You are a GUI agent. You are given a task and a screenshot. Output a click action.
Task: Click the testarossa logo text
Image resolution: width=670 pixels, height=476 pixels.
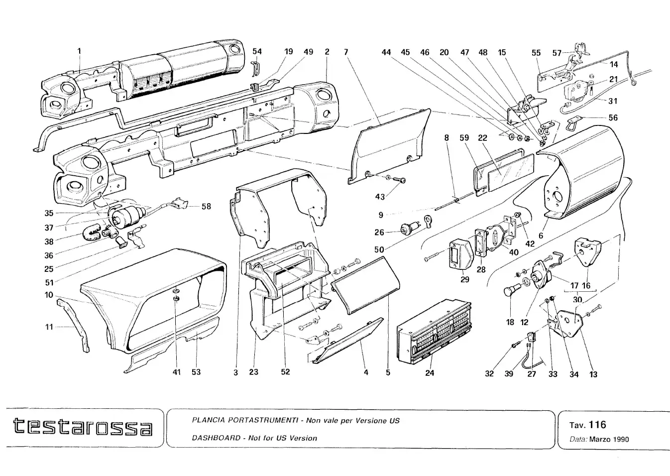pos(83,427)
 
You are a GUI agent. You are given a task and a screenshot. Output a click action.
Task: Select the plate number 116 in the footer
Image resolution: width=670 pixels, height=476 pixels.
pos(597,424)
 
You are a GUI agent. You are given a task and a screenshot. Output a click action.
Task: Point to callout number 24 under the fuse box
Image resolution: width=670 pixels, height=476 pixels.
pos(430,372)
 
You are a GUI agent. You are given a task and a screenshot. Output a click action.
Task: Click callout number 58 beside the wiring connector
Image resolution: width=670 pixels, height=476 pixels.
pos(206,206)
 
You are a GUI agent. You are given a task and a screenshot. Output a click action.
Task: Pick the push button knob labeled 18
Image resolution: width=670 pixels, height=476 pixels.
pos(510,291)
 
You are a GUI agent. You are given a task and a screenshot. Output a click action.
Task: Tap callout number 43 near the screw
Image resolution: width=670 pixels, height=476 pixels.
pos(380,197)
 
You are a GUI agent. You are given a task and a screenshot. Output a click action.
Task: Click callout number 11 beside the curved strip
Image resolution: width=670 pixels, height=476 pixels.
pos(49,327)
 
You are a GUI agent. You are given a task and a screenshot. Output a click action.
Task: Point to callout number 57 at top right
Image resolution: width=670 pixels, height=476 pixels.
pos(557,53)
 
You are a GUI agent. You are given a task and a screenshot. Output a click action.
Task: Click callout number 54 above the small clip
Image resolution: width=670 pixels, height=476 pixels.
pos(257,51)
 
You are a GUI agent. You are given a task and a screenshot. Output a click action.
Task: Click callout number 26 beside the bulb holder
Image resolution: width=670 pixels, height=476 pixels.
pos(379,232)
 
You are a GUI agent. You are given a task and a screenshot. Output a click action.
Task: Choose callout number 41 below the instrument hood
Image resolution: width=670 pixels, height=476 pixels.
pos(177,372)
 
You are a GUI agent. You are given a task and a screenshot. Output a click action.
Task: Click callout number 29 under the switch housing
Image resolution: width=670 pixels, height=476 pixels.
pos(464,279)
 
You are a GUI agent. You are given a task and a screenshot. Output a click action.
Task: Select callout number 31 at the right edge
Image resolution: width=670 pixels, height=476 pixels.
pos(613,101)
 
